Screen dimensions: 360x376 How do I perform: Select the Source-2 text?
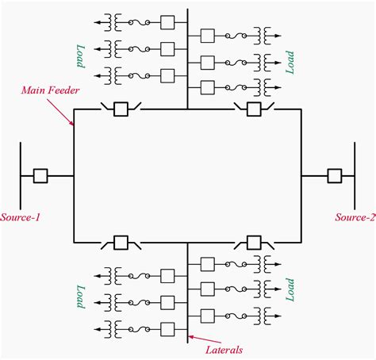coord(355,216)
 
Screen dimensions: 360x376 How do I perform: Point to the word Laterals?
coord(224,349)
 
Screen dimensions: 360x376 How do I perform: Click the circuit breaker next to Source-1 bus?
coord(40,175)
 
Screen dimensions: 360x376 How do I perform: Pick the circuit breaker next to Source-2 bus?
coord(335,175)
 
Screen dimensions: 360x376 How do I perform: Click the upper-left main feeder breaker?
coord(121,109)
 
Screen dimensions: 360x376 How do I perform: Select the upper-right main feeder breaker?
coord(255,109)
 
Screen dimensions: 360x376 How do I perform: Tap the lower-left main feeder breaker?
coord(121,241)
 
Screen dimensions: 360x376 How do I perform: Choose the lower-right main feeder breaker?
coord(255,241)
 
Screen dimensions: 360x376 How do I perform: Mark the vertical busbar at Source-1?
coord(20,175)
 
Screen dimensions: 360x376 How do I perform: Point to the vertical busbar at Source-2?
coord(354,175)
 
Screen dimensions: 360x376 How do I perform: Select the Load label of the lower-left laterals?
coord(79,296)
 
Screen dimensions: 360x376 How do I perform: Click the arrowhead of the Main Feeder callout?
coord(73,124)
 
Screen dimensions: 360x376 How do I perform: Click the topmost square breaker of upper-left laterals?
coord(167,21)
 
